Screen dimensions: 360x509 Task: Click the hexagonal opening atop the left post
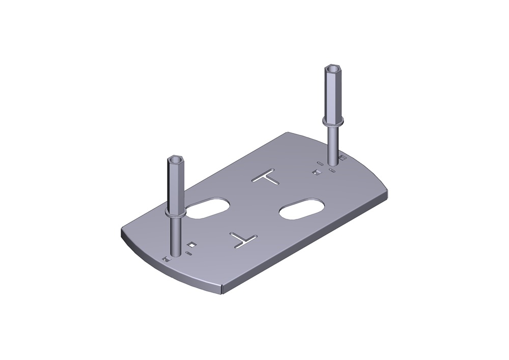pyautogui.click(x=176, y=159)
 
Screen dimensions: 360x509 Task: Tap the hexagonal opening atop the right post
pyautogui.click(x=333, y=68)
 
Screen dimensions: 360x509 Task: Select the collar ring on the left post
pyautogui.click(x=176, y=212)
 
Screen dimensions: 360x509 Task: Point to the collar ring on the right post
pyautogui.click(x=333, y=121)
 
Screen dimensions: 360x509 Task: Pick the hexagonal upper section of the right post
pyautogui.click(x=333, y=94)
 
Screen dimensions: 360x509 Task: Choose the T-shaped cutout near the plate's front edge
pyautogui.click(x=243, y=238)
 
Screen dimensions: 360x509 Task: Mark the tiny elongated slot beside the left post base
pyautogui.click(x=189, y=253)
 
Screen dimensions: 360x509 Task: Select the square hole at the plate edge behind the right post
pyautogui.click(x=343, y=158)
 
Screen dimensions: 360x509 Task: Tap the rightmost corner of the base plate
pyautogui.click(x=387, y=192)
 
